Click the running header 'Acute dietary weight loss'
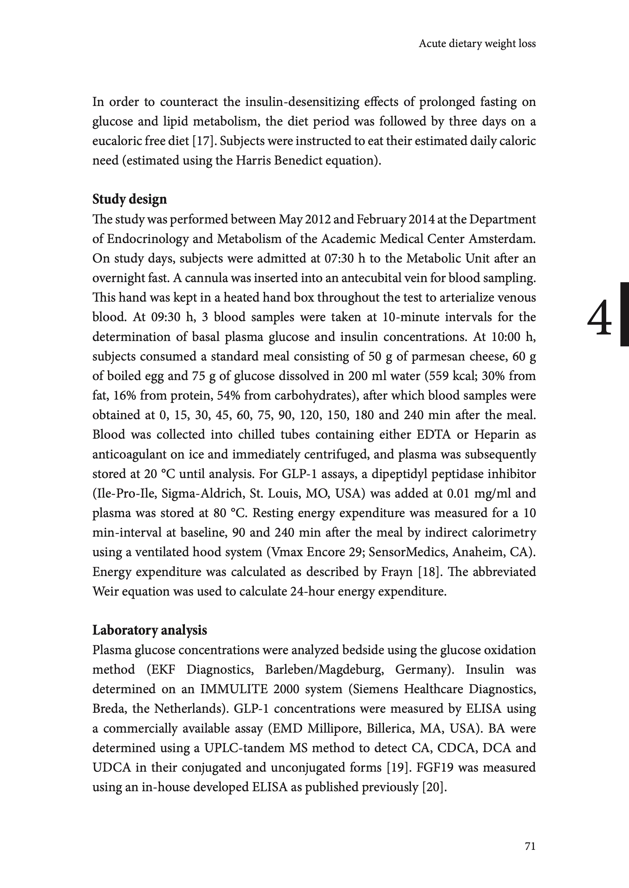point(477,44)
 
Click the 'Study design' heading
point(129,199)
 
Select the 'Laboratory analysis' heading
point(149,630)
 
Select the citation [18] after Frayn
point(430,572)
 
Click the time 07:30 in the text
point(338,258)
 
